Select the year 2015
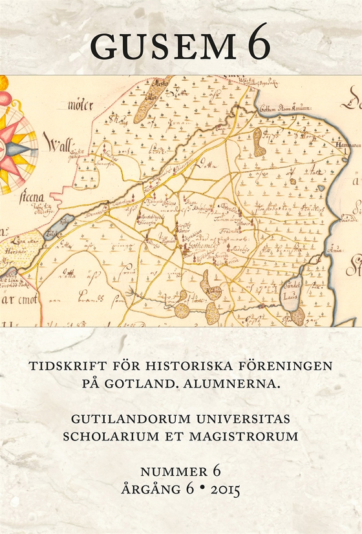pyautogui.click(x=218, y=490)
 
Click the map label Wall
pyautogui.click(x=59, y=139)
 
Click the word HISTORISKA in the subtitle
pyautogui.click(x=169, y=365)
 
